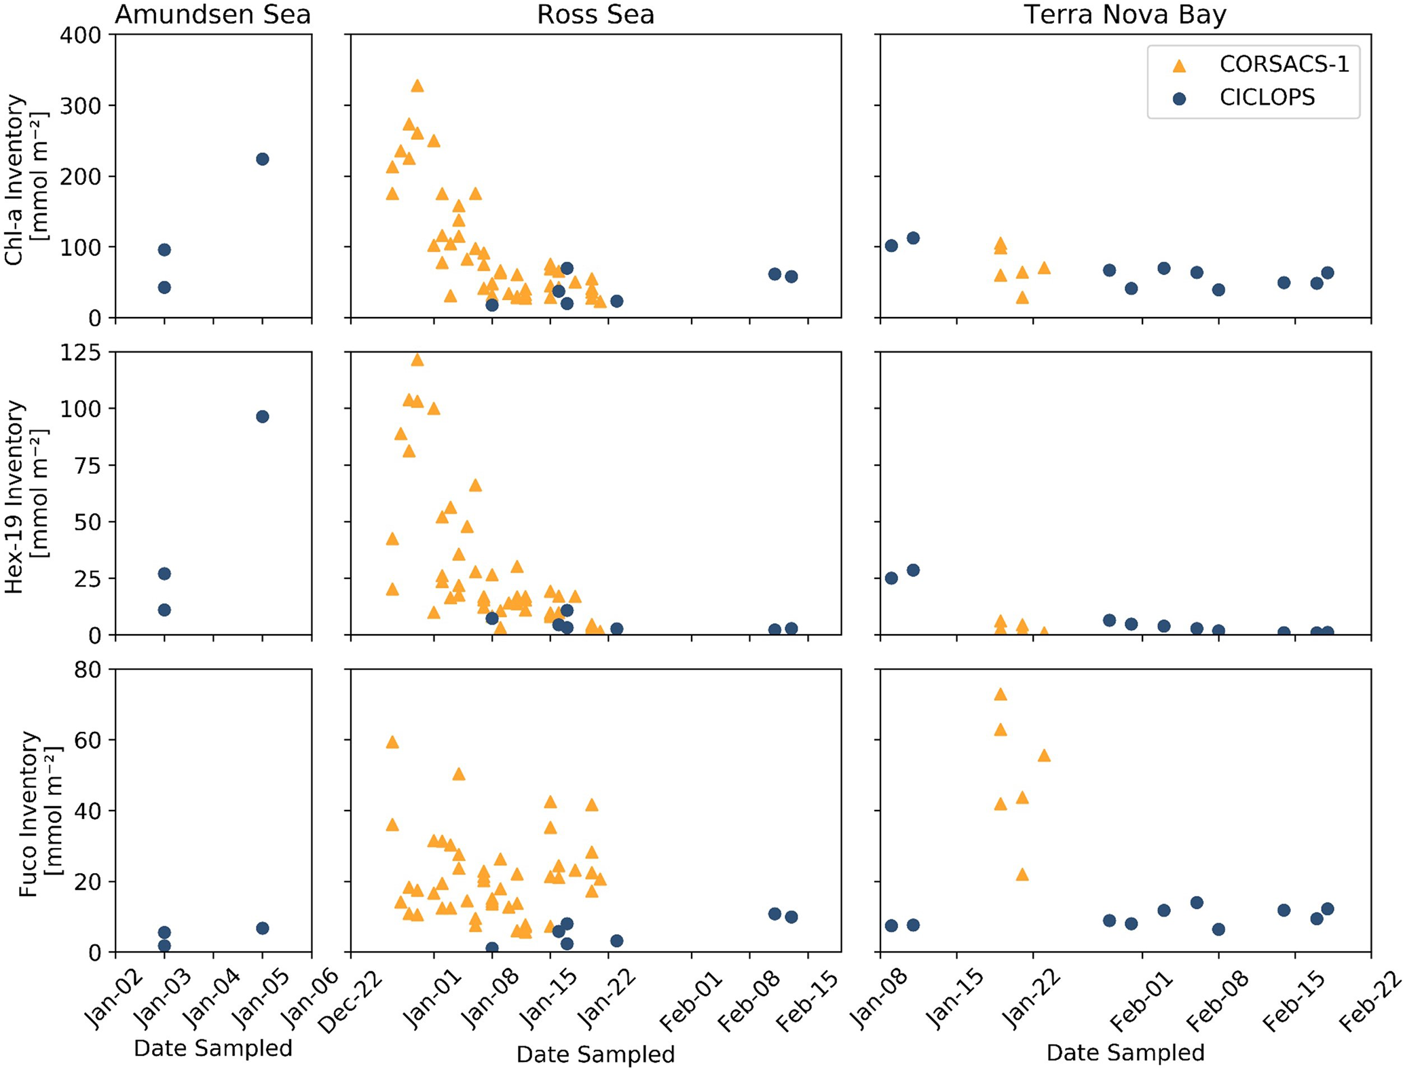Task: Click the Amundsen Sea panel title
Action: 212,14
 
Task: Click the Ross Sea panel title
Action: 595,14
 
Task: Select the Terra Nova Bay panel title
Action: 1125,14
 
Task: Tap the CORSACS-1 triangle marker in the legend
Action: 1180,65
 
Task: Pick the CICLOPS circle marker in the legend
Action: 1180,98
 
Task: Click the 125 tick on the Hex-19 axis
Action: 80,352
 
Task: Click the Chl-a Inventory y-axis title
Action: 26,179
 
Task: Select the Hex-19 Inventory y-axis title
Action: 26,496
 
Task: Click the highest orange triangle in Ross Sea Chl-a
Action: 417,86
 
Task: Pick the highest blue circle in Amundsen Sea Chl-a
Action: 263,159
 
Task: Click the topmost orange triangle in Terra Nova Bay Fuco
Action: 1000,694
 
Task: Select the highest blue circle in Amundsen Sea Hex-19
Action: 263,416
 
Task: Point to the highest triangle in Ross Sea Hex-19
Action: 417,360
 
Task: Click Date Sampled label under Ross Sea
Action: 595,1054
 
